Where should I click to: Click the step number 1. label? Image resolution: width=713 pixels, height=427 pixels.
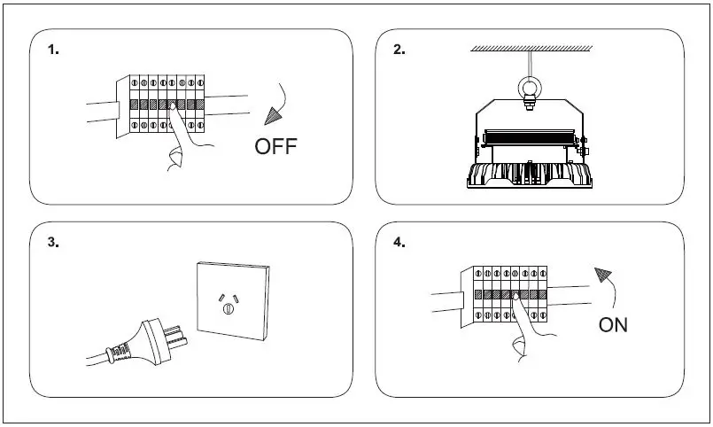53,50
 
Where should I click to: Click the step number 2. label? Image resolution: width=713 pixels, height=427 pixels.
399,50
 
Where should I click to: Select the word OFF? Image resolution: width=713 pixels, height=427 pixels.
276,147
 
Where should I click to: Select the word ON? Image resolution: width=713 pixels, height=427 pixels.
613,325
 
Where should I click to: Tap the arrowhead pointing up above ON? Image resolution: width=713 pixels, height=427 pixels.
604,275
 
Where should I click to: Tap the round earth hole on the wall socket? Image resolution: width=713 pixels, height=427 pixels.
229,309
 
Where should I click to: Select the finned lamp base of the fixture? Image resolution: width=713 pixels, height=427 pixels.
531,176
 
